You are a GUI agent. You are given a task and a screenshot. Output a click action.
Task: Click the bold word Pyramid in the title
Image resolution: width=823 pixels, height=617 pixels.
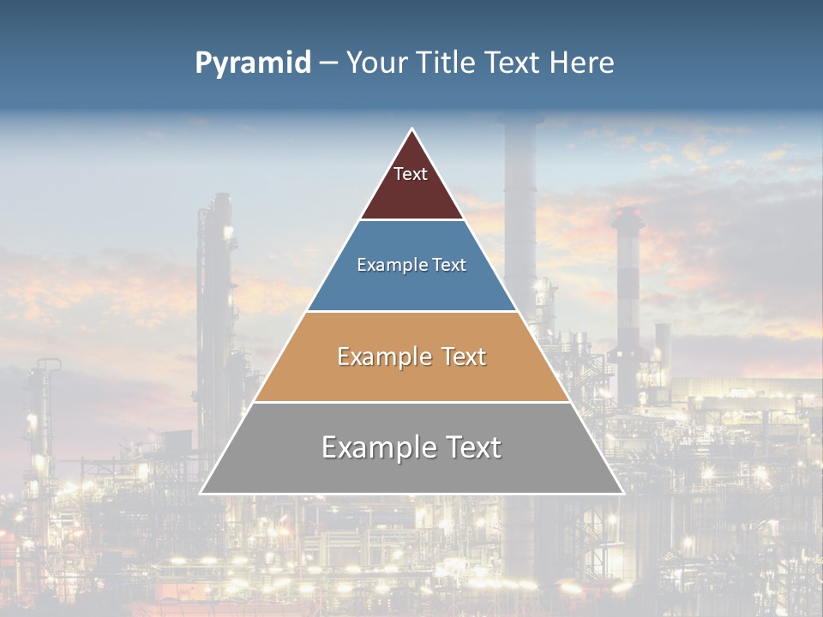click(x=253, y=63)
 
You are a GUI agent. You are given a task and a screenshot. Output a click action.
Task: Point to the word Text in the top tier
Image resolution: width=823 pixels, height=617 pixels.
click(x=411, y=174)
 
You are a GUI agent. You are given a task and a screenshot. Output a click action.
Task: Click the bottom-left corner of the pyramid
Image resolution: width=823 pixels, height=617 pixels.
click(x=201, y=493)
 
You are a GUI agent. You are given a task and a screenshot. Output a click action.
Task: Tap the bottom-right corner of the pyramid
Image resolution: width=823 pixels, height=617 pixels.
click(x=622, y=493)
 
